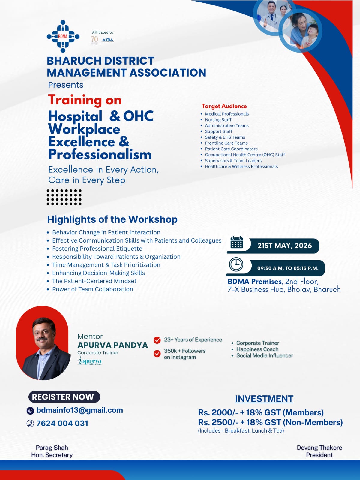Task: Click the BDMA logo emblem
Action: coord(63,36)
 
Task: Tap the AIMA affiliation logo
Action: coord(108,40)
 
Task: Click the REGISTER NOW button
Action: coord(64,397)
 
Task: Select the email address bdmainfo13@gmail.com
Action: coord(79,410)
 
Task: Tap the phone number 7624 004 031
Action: coord(62,423)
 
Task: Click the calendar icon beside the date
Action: coord(237,243)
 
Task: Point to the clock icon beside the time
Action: coord(236,264)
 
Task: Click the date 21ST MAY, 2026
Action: coord(284,246)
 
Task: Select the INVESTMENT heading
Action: coord(264,399)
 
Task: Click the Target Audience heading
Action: coord(224,106)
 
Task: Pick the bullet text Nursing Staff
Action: coord(218,120)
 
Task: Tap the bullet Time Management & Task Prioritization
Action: coord(106,265)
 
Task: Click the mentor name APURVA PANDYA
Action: coord(112,345)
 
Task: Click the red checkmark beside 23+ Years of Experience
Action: coord(157,340)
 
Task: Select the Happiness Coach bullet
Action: coord(257,349)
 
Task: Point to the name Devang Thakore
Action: coord(319,448)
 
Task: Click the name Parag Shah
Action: coord(52,448)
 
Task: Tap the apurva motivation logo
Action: coord(90,361)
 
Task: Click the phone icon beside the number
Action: coord(30,423)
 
